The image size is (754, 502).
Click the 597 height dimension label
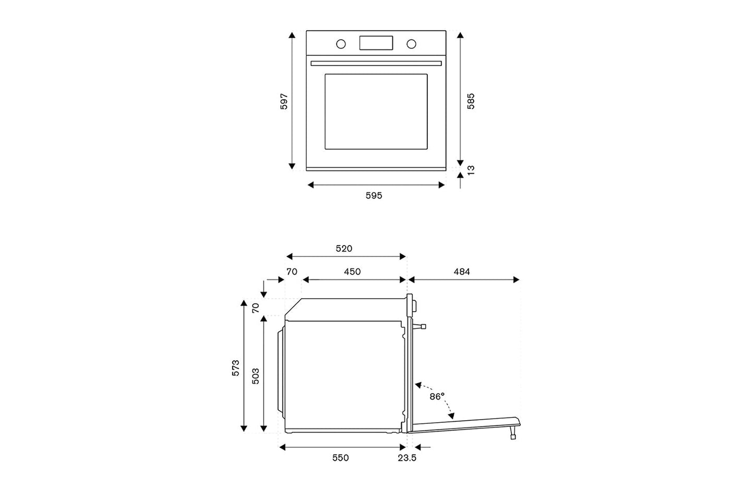tap(284, 102)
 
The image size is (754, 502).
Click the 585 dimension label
tap(471, 101)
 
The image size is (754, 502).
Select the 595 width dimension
tap(374, 196)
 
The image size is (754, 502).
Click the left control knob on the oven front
tap(341, 44)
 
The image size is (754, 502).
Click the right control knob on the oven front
tap(411, 44)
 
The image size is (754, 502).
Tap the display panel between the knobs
tap(376, 43)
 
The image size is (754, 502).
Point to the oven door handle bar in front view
tap(376, 63)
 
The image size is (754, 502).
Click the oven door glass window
tap(376, 112)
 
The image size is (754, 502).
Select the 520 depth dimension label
tap(344, 249)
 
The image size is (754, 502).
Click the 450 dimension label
tap(352, 272)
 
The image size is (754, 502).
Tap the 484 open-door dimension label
tap(462, 272)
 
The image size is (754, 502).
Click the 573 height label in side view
tap(236, 368)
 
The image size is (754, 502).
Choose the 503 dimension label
tap(256, 376)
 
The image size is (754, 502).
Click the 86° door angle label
tap(437, 397)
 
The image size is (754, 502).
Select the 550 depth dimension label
tap(340, 458)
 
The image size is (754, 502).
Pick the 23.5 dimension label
tap(406, 458)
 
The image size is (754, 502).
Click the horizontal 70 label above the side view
tap(292, 272)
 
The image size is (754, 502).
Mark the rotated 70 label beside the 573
tap(256, 308)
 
